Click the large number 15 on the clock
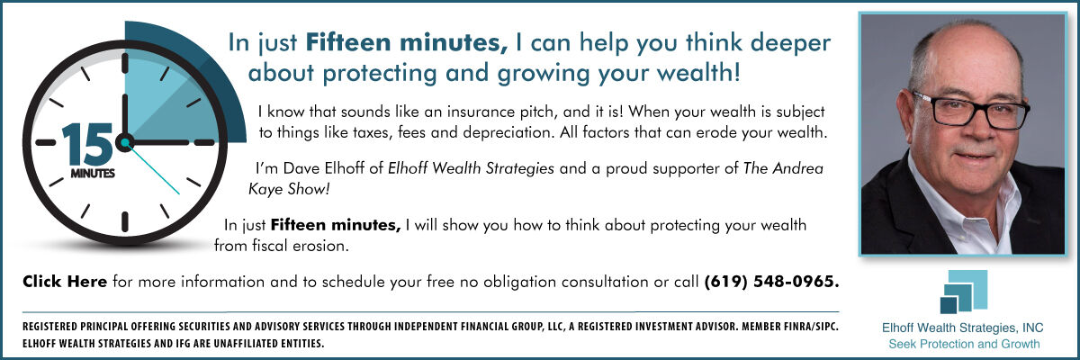coord(86,145)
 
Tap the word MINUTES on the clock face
coord(93,174)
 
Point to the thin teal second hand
coord(152,168)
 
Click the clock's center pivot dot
coord(125,142)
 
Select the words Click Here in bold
coord(65,282)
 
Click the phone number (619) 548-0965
coord(771,282)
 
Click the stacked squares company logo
coord(963,292)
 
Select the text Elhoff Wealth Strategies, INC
coord(962,328)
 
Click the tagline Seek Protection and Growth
coord(964,344)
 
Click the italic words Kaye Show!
coord(289,189)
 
